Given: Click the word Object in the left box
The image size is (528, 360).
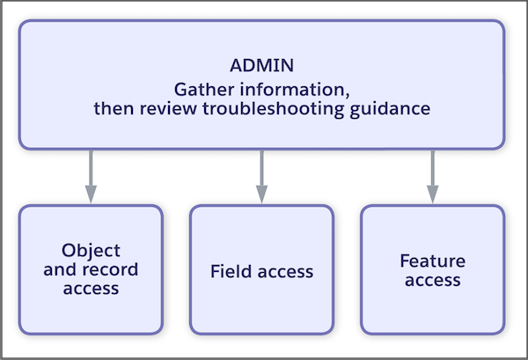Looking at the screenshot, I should click(x=92, y=250).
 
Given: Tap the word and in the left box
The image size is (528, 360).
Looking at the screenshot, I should click(x=59, y=269).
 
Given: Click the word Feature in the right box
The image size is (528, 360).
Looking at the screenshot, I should click(x=432, y=261).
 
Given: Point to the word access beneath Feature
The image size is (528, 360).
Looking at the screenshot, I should click(x=432, y=280).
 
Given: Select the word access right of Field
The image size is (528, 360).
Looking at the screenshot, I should click(x=285, y=271).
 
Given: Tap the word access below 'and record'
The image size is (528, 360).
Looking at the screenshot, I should click(x=91, y=289).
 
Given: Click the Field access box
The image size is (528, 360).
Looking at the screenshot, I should click(x=261, y=299).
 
